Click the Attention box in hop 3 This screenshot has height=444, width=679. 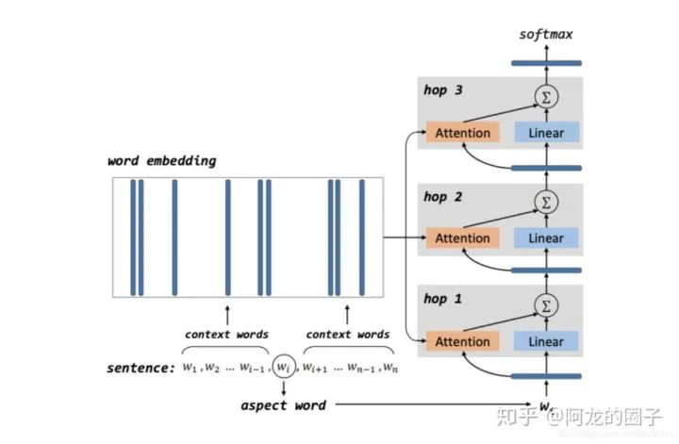462,133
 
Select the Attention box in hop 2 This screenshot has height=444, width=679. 462,238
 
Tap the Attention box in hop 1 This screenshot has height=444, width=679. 462,342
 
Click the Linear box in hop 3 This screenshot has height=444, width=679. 546,133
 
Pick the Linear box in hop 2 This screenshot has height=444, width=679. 546,238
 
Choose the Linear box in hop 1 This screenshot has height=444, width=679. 546,342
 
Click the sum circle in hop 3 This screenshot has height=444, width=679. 544,95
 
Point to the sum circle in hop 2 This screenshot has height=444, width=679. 544,200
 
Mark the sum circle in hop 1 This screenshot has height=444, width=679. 544,304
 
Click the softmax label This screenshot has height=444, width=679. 545,35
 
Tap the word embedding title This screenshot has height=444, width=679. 161,161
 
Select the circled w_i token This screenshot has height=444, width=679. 283,367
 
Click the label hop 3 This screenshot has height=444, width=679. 442,91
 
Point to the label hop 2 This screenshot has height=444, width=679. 442,196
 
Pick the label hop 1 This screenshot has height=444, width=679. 442,299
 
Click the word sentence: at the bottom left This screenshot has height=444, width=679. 141,368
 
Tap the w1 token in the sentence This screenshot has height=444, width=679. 191,368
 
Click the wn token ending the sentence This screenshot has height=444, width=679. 389,368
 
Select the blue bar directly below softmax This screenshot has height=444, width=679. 545,63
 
